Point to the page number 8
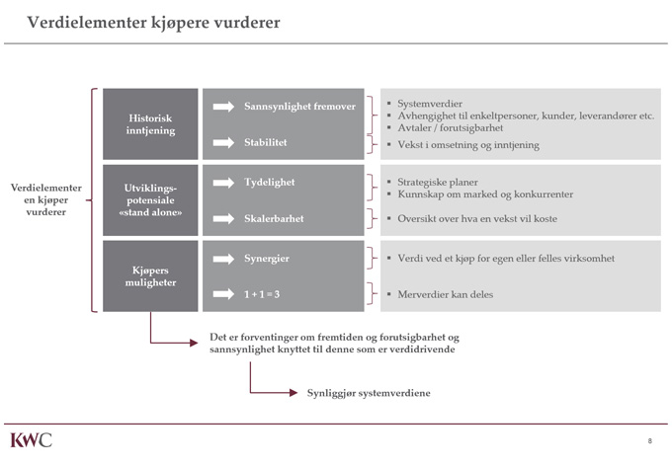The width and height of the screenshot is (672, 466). pyautogui.click(x=649, y=440)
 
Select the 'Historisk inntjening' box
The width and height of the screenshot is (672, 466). pyautogui.click(x=151, y=123)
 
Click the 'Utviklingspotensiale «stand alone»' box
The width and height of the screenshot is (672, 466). pyautogui.click(x=151, y=200)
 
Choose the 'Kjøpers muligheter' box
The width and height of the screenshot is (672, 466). pyautogui.click(x=151, y=275)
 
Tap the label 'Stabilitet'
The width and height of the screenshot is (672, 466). pyautogui.click(x=266, y=143)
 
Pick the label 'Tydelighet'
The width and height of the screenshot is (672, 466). pyautogui.click(x=270, y=183)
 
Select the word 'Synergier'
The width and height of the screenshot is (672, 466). pyautogui.click(x=268, y=259)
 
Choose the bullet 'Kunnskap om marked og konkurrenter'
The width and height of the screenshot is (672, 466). pyautogui.click(x=484, y=195)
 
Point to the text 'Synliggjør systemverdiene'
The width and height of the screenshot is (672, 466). pyautogui.click(x=368, y=393)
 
